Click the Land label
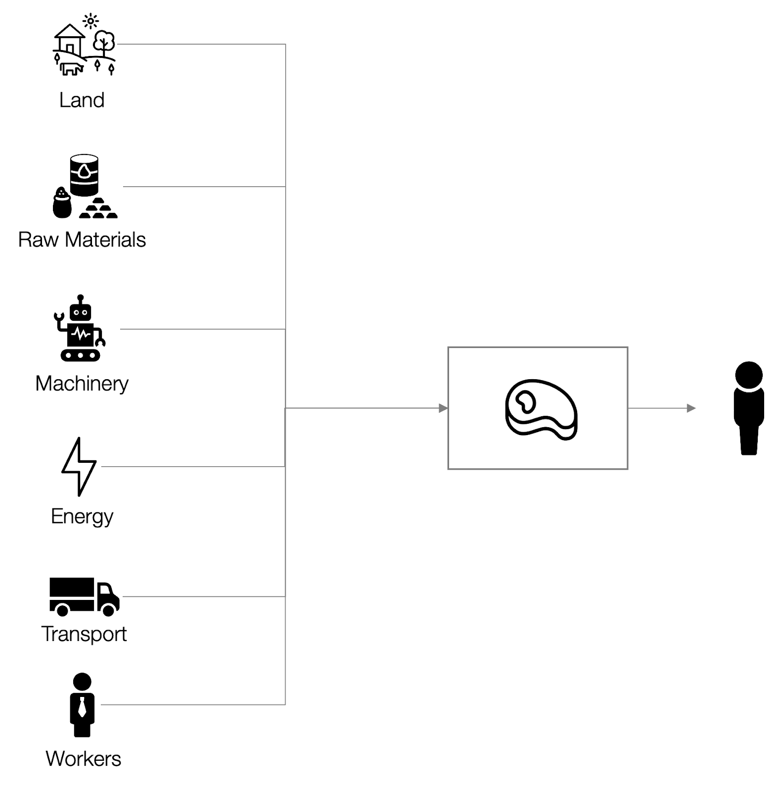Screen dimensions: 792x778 [82, 100]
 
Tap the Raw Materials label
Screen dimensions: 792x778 [82, 240]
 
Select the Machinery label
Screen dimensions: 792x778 [82, 384]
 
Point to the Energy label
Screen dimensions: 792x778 [82, 517]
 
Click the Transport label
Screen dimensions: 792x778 [84, 634]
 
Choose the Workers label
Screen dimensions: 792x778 [83, 759]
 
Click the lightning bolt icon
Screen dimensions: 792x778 [79, 466]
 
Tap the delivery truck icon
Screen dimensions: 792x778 [84, 596]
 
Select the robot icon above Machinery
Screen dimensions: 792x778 [80, 329]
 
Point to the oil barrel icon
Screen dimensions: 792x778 [84, 175]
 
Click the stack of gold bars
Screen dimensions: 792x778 [98, 209]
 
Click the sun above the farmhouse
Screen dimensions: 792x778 [91, 21]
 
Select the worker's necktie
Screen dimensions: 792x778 [82, 707]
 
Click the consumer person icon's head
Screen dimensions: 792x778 [749, 375]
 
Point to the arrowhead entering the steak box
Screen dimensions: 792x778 [443, 408]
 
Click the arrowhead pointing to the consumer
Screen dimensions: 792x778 [691, 408]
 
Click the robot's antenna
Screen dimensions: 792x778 [80, 298]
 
